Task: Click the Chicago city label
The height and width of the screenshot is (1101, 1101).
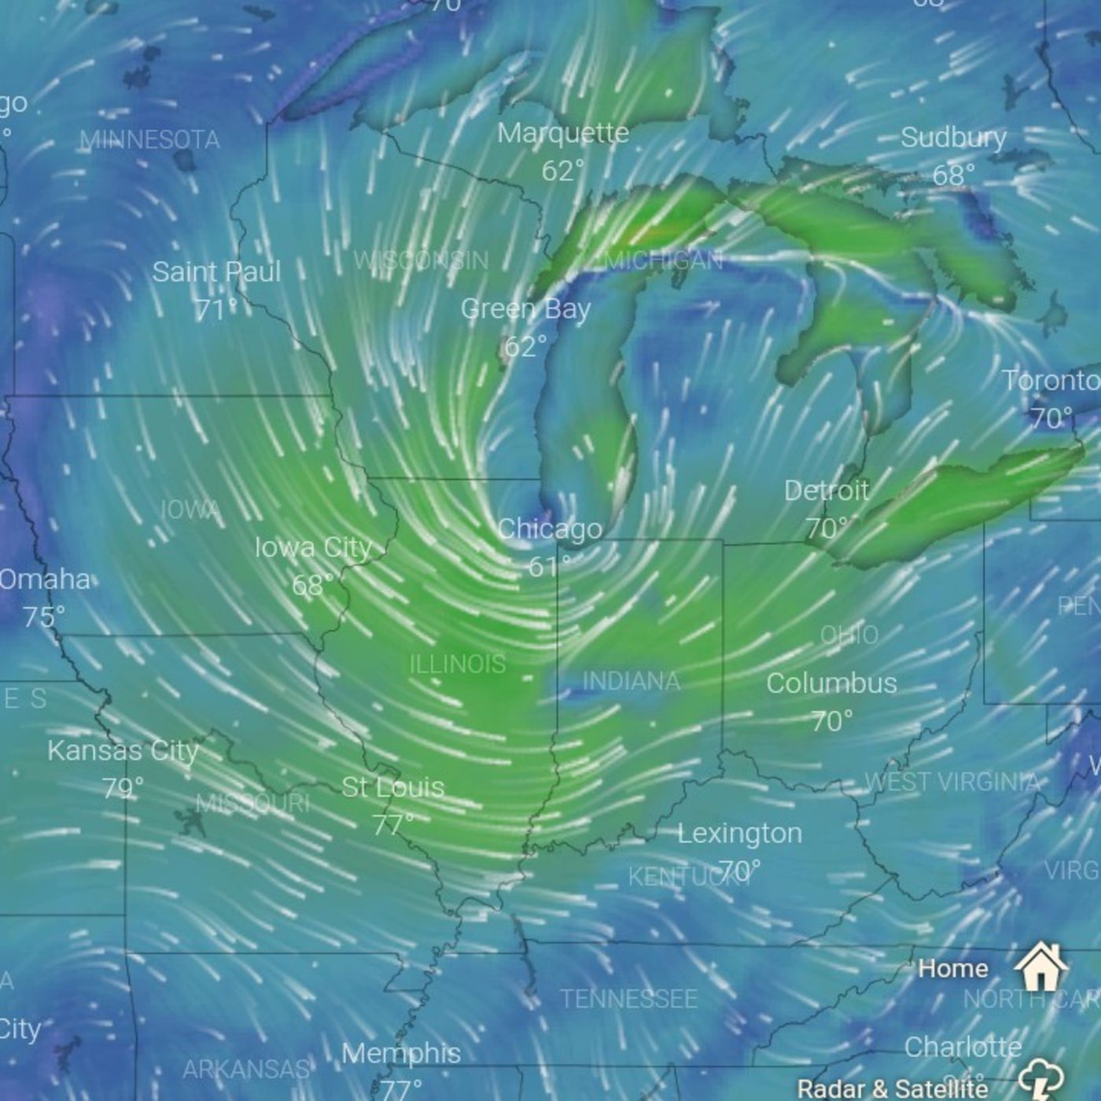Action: pyautogui.click(x=550, y=529)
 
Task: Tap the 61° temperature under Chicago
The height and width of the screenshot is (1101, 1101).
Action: pyautogui.click(x=549, y=565)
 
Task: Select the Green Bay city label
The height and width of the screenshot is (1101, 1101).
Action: pyautogui.click(x=525, y=309)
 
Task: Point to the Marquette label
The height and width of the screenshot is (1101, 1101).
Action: pyautogui.click(x=563, y=133)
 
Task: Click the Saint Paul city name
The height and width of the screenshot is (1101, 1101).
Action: pyautogui.click(x=216, y=272)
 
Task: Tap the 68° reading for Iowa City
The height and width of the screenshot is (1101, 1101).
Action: pyautogui.click(x=312, y=585)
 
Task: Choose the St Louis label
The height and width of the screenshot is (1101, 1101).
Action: pyautogui.click(x=393, y=787)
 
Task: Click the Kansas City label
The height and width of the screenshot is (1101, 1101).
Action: pyautogui.click(x=123, y=750)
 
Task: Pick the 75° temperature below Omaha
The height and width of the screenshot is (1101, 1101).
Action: pyautogui.click(x=44, y=617)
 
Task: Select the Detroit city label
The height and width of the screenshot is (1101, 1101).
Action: pyautogui.click(x=827, y=491)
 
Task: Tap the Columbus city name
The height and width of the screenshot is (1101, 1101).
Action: pyautogui.click(x=831, y=683)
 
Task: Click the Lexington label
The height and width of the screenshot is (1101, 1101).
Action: pyautogui.click(x=740, y=833)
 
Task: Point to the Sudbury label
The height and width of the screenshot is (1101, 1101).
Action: pyautogui.click(x=953, y=138)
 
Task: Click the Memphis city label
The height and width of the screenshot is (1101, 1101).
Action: pyautogui.click(x=401, y=1053)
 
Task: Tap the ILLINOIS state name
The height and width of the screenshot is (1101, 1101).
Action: pyautogui.click(x=458, y=665)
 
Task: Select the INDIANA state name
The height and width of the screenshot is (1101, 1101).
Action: pyautogui.click(x=632, y=681)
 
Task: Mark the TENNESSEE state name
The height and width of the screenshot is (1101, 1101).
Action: pyautogui.click(x=628, y=999)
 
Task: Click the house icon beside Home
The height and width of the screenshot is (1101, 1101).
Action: pyautogui.click(x=1040, y=967)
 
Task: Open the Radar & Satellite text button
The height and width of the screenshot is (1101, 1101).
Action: pyautogui.click(x=893, y=1088)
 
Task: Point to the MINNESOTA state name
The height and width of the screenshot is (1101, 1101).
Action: pyautogui.click(x=149, y=140)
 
